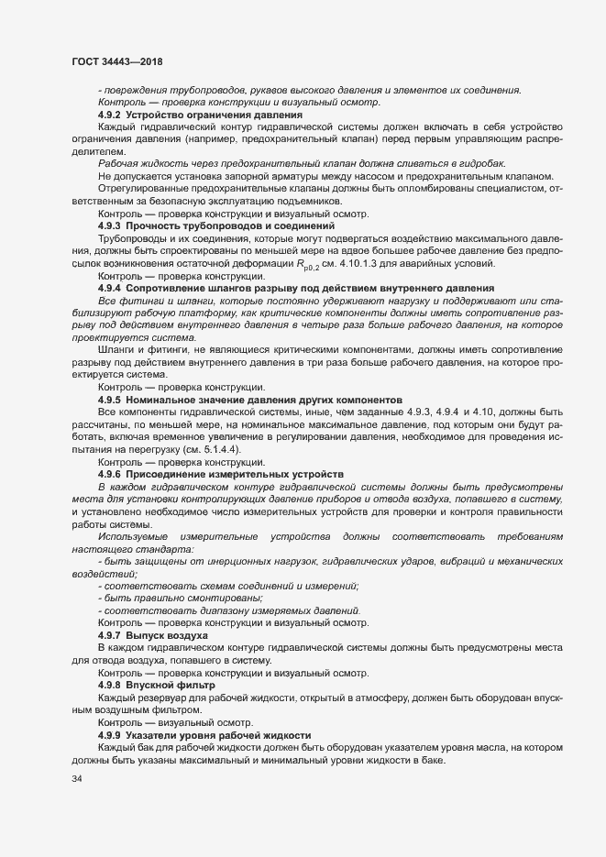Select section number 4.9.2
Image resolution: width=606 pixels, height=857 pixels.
[109, 115]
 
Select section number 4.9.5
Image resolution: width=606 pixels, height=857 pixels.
[109, 401]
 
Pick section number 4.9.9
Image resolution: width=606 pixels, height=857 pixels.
[109, 736]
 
